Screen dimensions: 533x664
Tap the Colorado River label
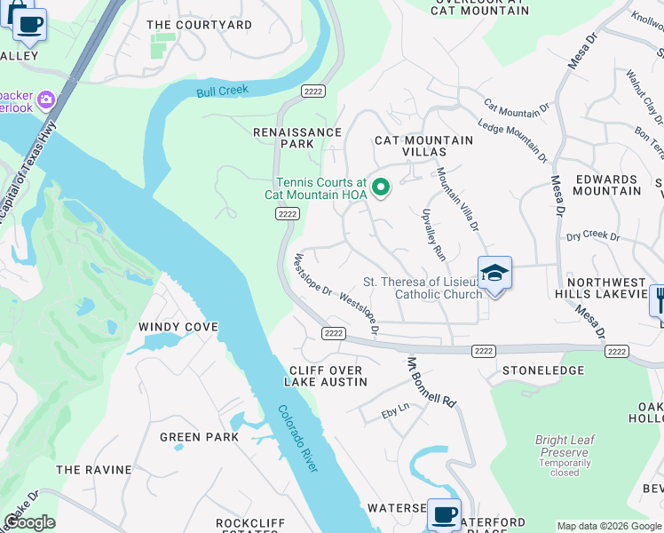(x=298, y=439)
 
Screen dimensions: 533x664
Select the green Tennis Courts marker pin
(x=381, y=187)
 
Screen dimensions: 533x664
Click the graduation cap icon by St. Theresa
(x=494, y=274)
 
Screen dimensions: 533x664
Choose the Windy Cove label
(x=178, y=327)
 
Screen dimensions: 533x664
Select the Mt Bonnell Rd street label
(x=431, y=383)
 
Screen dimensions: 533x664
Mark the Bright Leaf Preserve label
(x=564, y=446)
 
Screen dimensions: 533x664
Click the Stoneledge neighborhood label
(x=543, y=370)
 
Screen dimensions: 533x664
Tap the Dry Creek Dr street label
(x=592, y=236)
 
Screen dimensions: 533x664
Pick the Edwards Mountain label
(x=608, y=185)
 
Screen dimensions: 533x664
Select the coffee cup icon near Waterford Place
(x=444, y=513)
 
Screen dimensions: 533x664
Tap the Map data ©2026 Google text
(x=609, y=526)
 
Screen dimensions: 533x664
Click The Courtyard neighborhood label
(x=199, y=25)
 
